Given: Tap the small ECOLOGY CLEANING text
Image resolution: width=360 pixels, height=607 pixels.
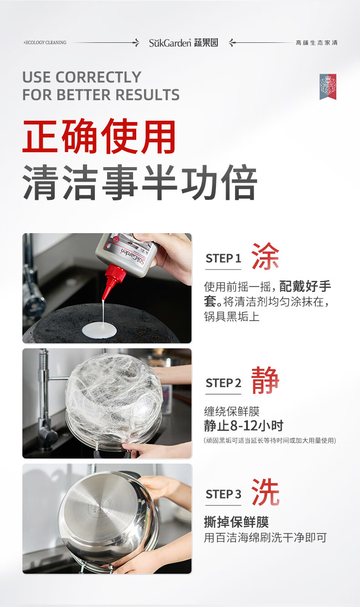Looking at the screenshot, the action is click(45, 42).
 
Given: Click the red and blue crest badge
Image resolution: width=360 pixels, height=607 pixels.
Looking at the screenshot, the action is click(328, 87).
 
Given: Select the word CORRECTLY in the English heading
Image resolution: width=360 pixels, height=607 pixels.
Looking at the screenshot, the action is click(98, 77).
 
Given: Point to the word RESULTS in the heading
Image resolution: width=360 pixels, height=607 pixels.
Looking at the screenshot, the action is click(148, 95).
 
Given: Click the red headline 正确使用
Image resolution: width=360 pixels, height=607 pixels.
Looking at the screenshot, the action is click(99, 137).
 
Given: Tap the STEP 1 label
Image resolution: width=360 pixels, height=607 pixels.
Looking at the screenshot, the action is click(223, 259).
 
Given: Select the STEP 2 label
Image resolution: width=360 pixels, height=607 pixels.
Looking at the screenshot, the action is click(223, 383).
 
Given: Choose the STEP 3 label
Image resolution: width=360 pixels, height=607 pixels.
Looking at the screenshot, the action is click(223, 494).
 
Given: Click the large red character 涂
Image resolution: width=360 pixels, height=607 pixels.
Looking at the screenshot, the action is click(265, 256).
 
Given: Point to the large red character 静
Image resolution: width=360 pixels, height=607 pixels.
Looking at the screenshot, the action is click(265, 380).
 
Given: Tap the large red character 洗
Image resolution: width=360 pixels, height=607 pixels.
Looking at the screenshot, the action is click(265, 492).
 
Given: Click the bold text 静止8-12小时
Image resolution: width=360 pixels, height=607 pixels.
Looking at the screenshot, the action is click(244, 426).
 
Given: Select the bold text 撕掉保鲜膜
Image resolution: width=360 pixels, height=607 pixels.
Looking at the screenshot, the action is click(237, 522).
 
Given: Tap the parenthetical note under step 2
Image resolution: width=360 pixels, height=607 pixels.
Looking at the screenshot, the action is click(270, 441).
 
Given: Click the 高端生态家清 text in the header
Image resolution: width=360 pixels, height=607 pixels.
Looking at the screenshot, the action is click(317, 43).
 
